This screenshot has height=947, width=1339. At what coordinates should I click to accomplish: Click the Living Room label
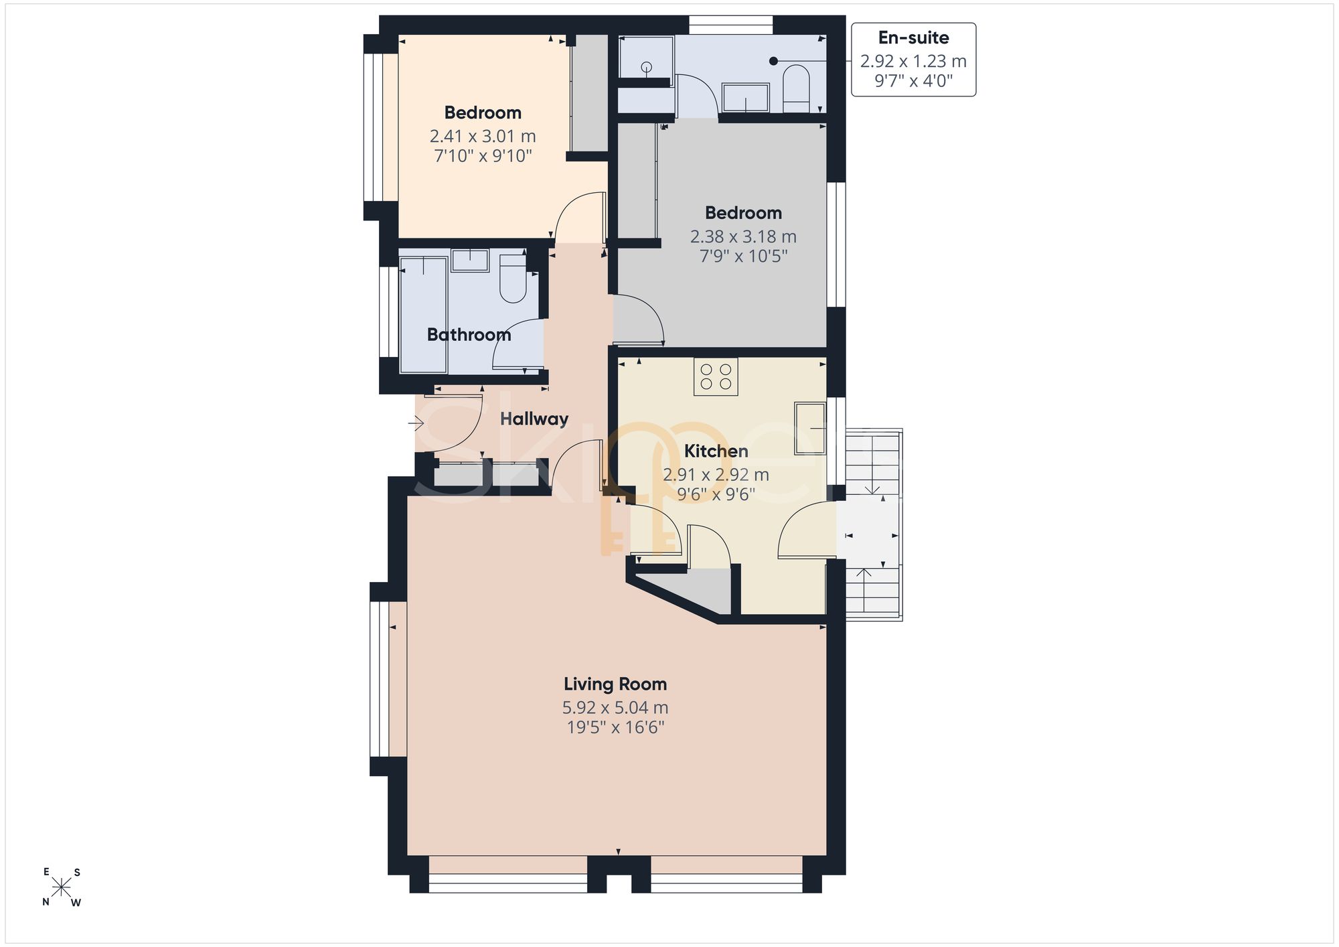pos(615,684)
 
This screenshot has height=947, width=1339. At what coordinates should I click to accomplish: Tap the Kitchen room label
pos(716,451)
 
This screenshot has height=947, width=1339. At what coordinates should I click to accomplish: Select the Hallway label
pos(534,419)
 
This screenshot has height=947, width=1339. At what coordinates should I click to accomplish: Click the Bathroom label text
pos(469,335)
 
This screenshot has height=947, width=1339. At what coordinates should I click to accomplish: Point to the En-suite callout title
pos(913,38)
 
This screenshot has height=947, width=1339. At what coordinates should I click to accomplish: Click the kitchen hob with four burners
pos(716,376)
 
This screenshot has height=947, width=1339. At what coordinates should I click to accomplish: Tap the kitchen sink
pos(811,429)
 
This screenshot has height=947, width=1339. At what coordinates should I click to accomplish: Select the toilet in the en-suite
pos(796,88)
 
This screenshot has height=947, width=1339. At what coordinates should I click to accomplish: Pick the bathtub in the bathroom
pos(424,315)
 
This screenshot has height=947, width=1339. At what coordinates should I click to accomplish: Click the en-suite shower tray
pos(646,58)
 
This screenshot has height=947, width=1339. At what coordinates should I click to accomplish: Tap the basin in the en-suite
pos(746,98)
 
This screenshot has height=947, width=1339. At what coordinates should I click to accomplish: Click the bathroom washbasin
pos(470,260)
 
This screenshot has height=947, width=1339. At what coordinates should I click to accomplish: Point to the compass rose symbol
pos(62,887)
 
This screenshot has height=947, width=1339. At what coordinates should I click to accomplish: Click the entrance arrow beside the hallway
pos(416,423)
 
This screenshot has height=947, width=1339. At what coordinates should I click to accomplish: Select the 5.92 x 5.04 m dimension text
pos(615,708)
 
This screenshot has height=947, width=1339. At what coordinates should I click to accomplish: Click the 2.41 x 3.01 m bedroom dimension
pos(483,137)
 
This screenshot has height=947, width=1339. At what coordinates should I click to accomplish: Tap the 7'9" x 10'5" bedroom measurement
pos(743,257)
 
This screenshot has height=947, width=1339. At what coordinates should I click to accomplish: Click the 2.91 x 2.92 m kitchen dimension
pos(716,475)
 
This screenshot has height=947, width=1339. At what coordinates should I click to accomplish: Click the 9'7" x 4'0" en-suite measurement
pos(913,81)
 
